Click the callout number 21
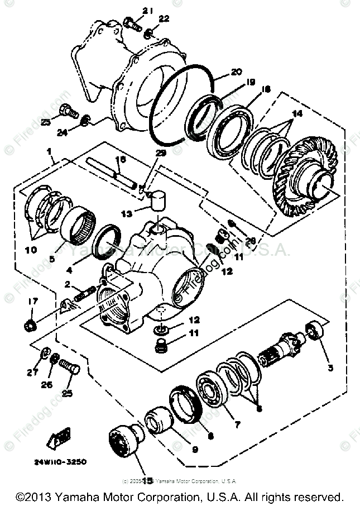(131, 11)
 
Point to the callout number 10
(31, 249)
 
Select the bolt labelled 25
(70, 367)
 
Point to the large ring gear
(306, 170)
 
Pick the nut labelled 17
(31, 323)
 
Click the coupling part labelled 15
(122, 442)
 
